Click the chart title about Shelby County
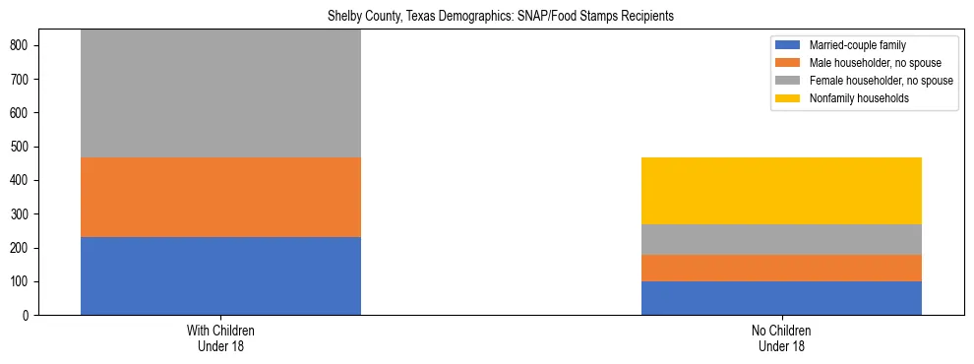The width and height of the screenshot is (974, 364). tap(487, 17)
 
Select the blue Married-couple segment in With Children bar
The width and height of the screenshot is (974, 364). tap(220, 275)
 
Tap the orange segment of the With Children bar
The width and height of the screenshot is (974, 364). tap(220, 197)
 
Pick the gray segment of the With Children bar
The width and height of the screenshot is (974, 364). tap(220, 93)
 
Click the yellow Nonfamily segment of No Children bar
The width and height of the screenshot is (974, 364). tap(781, 191)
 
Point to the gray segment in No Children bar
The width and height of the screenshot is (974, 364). tap(781, 239)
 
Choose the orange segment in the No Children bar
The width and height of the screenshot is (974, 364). tap(781, 268)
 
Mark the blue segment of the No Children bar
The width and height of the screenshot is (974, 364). tap(781, 298)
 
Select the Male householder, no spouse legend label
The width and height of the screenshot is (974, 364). tap(871, 63)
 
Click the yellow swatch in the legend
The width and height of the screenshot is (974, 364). tap(789, 98)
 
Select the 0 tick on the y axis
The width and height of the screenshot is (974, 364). tap(30, 315)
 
